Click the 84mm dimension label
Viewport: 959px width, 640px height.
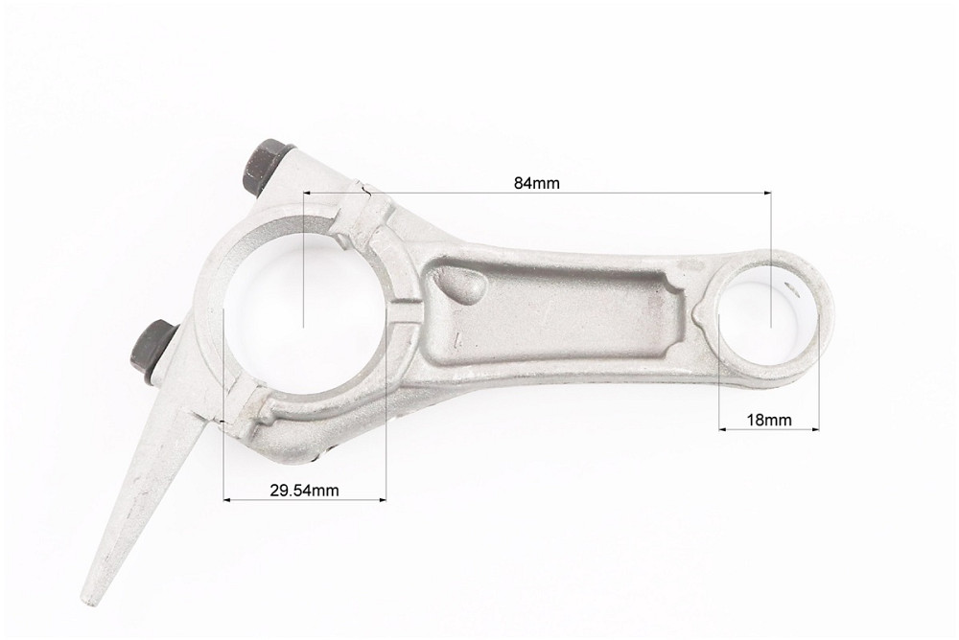[536, 183]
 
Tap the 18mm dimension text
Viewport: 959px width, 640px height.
[769, 420]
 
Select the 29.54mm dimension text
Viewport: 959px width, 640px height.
[304, 490]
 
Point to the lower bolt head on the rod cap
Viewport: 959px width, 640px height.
[152, 354]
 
